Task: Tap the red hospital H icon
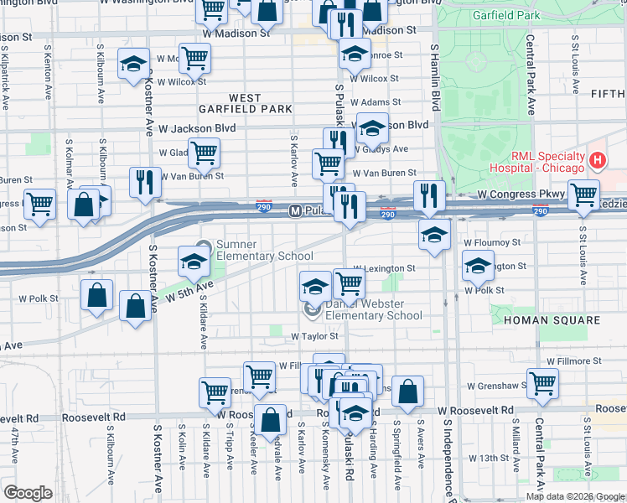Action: pos(598,159)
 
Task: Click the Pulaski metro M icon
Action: pos(296,210)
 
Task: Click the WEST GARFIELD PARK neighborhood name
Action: pos(246,103)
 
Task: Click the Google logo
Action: pos(28,492)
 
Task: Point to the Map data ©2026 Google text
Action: pos(574,496)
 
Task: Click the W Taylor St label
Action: pos(313,335)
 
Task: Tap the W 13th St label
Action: pos(487,458)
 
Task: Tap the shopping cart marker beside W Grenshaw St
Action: pos(542,381)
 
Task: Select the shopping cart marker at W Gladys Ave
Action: pos(204,152)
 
